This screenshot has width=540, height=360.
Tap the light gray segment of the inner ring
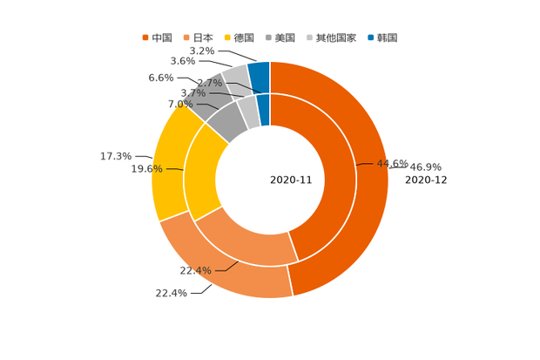coord(248,111)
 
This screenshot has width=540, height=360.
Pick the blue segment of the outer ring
coord(259,71)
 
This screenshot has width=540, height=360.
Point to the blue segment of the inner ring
coord(264,109)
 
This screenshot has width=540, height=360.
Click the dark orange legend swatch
coord(145,37)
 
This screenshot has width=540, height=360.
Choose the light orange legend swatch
coord(186,37)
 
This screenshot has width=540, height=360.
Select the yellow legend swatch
coord(228,37)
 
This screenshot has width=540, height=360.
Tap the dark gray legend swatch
coord(270,37)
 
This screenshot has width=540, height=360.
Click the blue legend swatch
coord(371,37)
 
